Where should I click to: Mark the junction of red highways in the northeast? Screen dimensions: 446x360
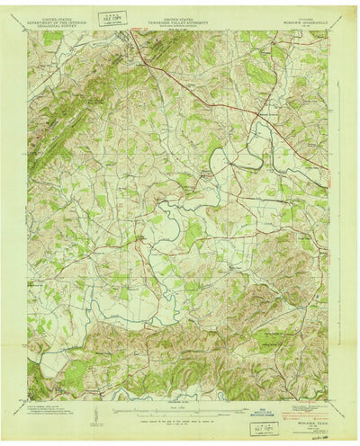pyautogui.click(x=263, y=114)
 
